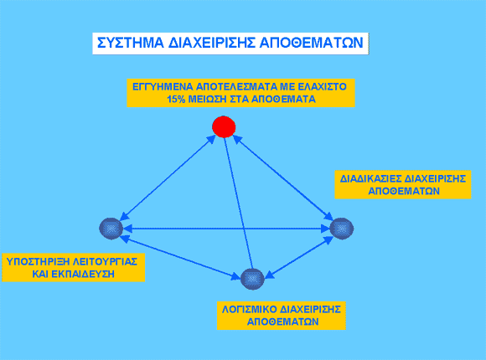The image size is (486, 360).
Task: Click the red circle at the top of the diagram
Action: (x=224, y=126)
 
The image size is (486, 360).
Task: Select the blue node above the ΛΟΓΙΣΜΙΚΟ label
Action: (x=252, y=279)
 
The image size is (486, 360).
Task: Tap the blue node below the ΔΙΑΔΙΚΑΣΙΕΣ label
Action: (x=342, y=229)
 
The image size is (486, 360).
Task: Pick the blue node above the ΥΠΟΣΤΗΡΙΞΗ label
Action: (x=111, y=229)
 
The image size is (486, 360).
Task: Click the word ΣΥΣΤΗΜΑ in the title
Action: (x=131, y=43)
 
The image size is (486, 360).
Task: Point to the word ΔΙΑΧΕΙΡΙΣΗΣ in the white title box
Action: (x=212, y=43)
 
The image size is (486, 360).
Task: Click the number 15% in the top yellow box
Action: (x=176, y=99)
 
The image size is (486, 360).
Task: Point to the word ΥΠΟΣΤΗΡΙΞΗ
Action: (x=37, y=261)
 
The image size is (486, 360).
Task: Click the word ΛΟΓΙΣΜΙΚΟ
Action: (x=249, y=309)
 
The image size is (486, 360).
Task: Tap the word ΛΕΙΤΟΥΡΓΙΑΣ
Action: (x=105, y=261)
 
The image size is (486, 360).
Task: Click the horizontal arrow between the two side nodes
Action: (x=226, y=229)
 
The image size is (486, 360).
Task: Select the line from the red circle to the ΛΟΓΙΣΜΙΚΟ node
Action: (x=239, y=203)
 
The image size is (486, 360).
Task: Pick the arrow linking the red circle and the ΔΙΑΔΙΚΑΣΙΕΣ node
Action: (x=283, y=177)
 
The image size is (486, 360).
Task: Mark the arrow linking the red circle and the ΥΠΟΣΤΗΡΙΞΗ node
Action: (x=168, y=177)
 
